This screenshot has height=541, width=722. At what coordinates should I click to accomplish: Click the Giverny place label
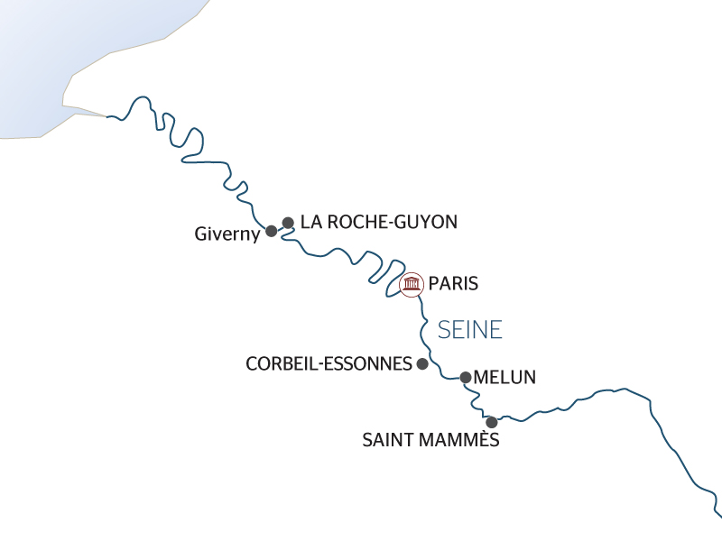pos(227,234)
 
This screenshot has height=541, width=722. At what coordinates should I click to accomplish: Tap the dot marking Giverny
pos(271,231)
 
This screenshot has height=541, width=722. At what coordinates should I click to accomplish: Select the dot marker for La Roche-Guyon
pos(288,222)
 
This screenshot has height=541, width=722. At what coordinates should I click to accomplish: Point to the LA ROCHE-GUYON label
pos(379,222)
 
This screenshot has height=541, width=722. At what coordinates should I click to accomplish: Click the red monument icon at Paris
pos(412,285)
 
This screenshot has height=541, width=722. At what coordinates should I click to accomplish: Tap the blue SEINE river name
pos(469,330)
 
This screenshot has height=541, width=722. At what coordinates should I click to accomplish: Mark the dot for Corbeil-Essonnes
pos(421,363)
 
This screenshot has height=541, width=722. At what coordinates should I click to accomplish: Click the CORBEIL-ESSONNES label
pos(327,364)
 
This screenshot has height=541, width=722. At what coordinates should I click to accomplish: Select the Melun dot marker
pos(466,378)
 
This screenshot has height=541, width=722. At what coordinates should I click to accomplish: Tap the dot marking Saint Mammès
pos(492,422)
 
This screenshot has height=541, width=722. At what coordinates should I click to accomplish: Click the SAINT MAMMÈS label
pos(430,441)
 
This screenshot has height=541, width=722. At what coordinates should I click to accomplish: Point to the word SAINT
pos(389,441)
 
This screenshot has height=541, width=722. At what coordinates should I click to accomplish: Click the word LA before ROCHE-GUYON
pos(311,222)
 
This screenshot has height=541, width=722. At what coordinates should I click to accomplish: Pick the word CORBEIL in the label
pos(283,364)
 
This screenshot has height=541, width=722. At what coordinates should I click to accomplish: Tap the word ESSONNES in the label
pos(370,364)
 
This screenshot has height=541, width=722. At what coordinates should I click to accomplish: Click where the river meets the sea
pos(107,117)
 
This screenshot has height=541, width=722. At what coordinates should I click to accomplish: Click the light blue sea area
pos(72,45)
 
